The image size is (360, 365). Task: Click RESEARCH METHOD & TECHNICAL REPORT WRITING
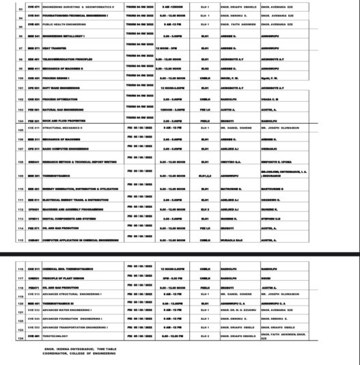(83, 161)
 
